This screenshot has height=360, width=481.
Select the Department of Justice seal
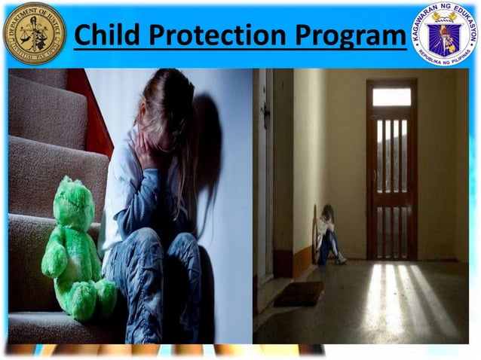[34, 32]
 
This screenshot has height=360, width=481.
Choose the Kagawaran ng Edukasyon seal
[444, 34]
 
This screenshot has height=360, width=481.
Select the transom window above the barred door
[391, 96]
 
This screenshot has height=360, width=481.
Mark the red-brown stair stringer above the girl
[94, 113]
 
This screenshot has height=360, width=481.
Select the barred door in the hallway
[391, 181]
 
